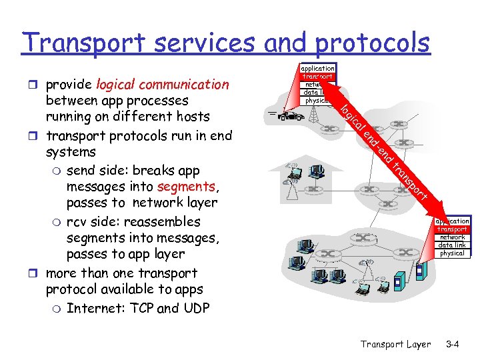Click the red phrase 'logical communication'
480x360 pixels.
[162, 85]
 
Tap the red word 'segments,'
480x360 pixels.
[186, 187]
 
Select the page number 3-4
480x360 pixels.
[453, 344]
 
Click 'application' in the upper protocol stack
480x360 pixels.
[317, 68]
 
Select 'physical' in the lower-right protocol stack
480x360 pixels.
[452, 253]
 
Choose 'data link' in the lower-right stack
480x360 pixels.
[452, 245]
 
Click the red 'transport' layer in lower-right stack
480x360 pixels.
[452, 229]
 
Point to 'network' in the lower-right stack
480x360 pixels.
[452, 237]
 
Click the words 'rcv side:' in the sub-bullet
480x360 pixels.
[95, 221]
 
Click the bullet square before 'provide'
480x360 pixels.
[37, 85]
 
